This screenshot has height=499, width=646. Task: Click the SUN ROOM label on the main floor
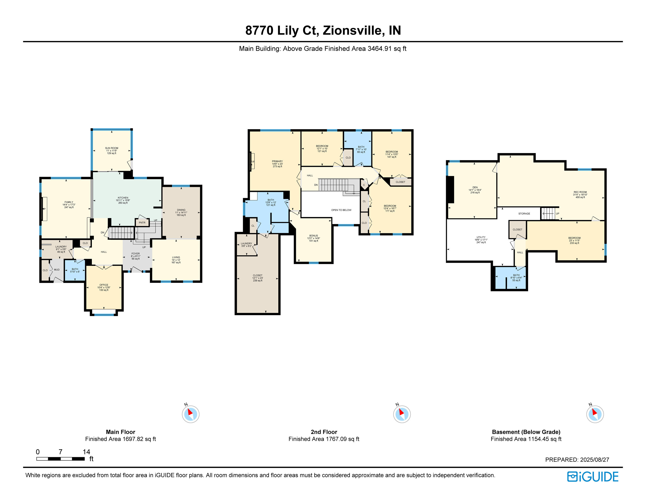point(112,148)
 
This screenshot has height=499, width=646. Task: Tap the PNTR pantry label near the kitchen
point(142,223)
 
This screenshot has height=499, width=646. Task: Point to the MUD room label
point(57,270)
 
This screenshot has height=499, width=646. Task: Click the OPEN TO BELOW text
point(341,210)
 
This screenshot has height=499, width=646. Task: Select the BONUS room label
point(313,236)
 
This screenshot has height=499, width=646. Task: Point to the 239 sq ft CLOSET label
point(257,275)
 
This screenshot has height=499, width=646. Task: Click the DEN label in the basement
point(475,188)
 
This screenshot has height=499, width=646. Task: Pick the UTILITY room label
point(481,237)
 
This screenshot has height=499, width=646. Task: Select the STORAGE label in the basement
point(524,214)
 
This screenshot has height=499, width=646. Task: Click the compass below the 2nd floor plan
point(402,414)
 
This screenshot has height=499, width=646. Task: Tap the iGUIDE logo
point(592,477)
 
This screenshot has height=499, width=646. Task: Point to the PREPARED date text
point(577,460)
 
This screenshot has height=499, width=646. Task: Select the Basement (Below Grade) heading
point(526,432)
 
